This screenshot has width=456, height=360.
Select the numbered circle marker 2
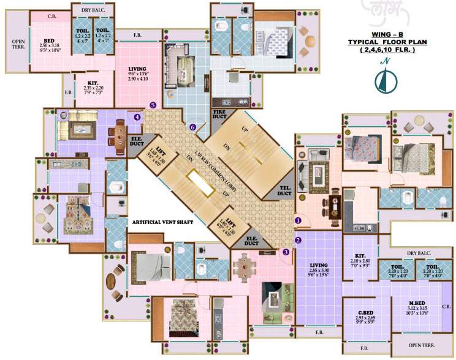point(298,240)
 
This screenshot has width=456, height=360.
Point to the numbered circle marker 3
point(286,252)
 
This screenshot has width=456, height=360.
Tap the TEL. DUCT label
point(284,191)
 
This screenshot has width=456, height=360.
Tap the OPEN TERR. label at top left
point(18,45)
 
